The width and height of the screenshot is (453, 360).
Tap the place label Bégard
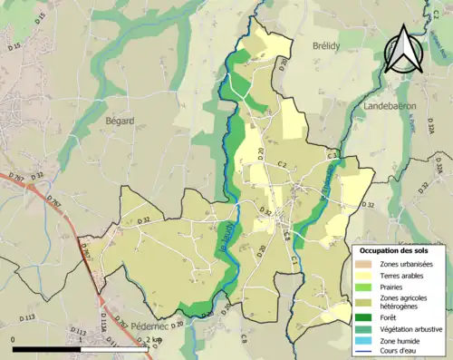coord(120,121)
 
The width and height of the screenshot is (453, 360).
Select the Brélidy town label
coord(325,46)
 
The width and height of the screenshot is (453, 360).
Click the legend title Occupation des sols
coord(401,250)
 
